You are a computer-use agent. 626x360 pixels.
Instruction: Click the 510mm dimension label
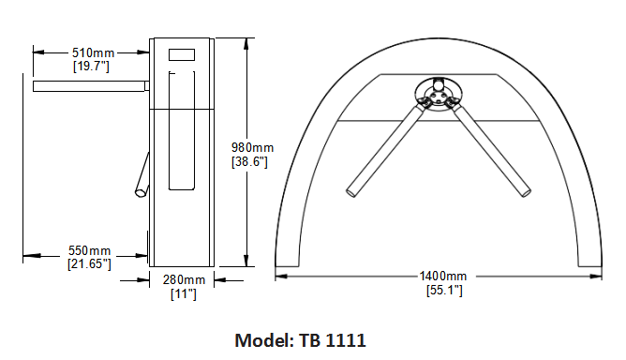93,52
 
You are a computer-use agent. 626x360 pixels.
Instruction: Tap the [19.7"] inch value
91,66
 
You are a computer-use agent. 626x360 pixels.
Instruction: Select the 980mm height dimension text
253,147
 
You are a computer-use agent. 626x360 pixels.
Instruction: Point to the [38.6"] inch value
249,161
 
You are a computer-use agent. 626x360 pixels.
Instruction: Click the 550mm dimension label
89,250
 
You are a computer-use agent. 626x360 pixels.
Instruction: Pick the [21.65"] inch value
89,263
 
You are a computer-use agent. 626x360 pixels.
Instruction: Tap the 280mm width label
184,279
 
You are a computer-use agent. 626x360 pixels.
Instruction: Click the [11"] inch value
184,294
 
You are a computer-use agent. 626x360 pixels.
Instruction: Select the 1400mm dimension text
442,276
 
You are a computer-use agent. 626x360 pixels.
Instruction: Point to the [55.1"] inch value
444,290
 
